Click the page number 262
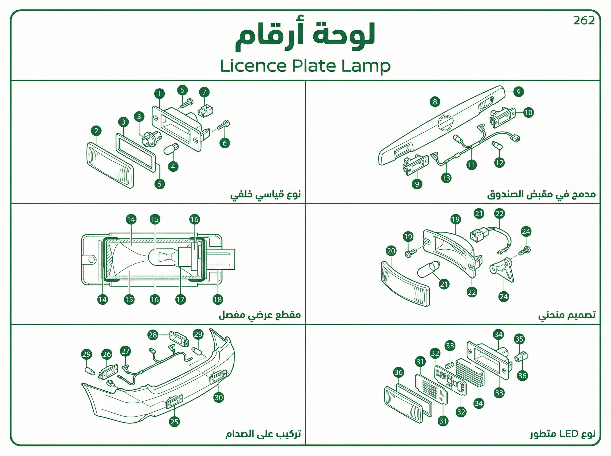(x=584, y=20)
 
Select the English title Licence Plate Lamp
(x=305, y=66)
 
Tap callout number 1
(x=159, y=94)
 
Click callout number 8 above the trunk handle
(x=435, y=102)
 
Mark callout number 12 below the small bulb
(x=499, y=163)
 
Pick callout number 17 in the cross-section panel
(x=180, y=300)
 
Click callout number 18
(x=218, y=300)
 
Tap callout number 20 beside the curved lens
(x=391, y=251)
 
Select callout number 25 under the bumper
(x=174, y=421)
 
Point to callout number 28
(x=152, y=335)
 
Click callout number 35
(x=519, y=339)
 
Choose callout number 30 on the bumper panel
(x=219, y=397)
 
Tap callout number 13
(x=446, y=178)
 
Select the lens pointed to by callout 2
(x=111, y=165)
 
